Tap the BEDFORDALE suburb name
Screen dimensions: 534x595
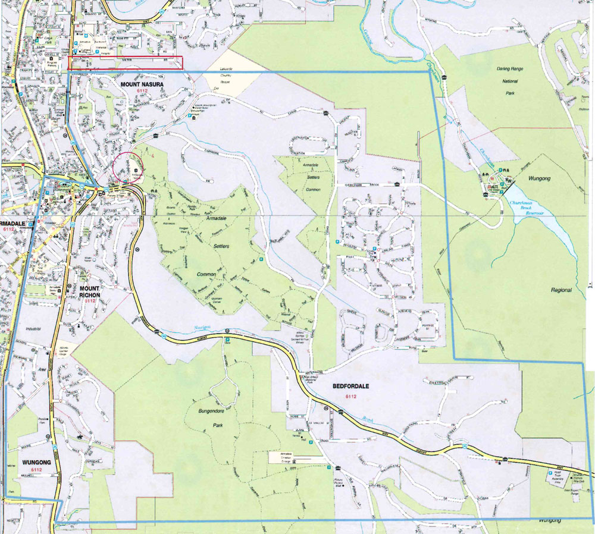point(350,387)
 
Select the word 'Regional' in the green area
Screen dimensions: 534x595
point(561,290)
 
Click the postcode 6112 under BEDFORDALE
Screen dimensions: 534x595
point(350,396)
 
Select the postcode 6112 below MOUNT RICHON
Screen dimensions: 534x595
point(90,301)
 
